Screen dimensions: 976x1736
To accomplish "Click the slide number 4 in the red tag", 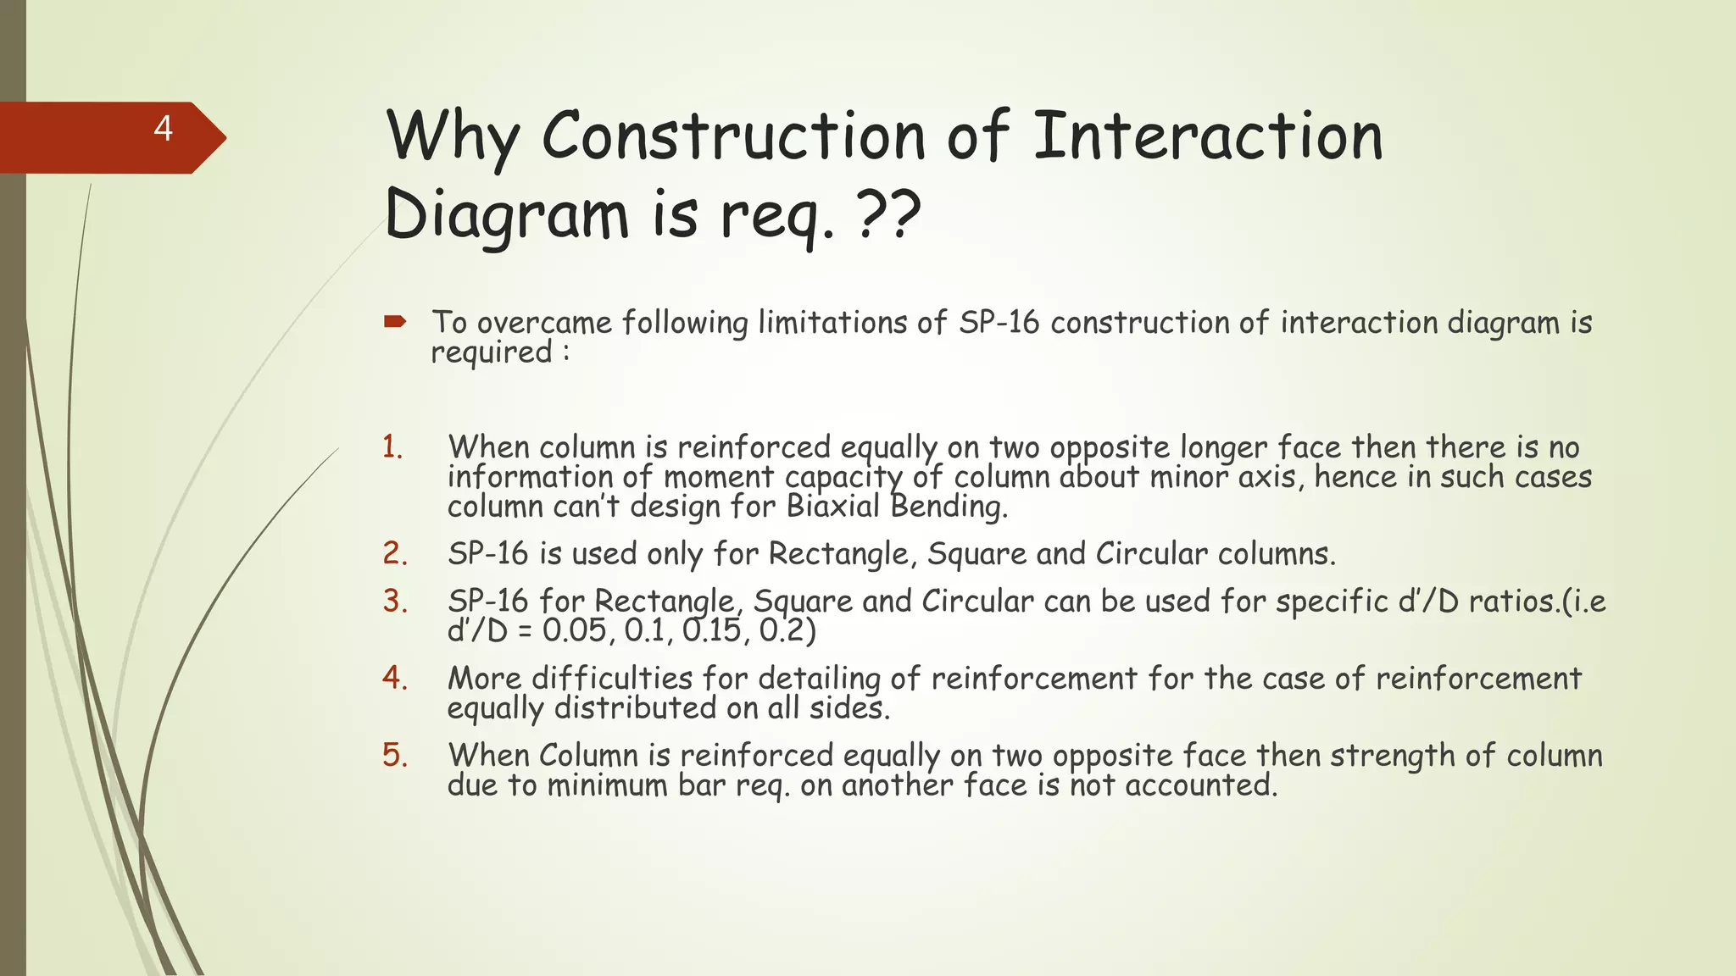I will point(164,129).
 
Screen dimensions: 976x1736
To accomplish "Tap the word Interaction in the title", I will point(1208,137).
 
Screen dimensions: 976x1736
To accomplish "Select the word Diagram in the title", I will point(507,215).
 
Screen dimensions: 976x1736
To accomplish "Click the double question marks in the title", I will point(889,215).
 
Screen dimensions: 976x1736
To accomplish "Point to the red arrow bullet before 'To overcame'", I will point(395,321).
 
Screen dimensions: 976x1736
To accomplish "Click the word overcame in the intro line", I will point(544,323).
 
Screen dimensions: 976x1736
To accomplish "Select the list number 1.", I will point(392,446).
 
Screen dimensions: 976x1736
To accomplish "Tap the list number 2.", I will point(395,553).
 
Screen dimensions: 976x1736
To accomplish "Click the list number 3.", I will point(395,601).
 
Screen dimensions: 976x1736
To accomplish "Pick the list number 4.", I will point(395,678).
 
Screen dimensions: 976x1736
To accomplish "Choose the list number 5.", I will point(395,755).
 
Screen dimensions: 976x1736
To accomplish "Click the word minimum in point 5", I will point(607,785).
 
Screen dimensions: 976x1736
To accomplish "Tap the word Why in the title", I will point(453,137).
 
